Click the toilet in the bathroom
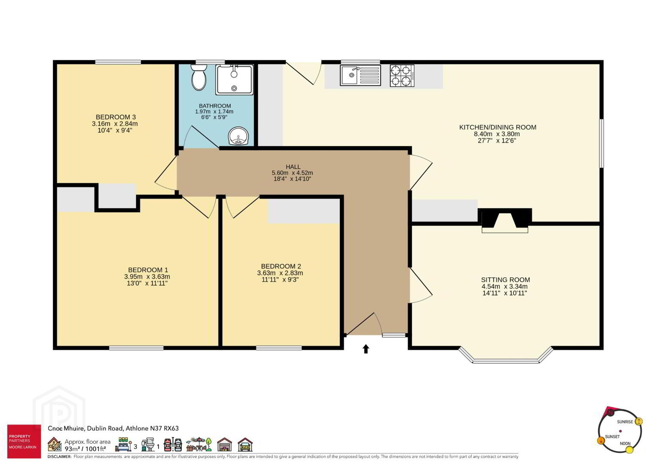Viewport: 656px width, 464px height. click(199, 77)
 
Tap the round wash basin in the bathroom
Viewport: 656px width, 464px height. click(238, 137)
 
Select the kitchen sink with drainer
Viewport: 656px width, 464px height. click(360, 76)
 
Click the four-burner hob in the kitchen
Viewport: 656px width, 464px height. click(402, 76)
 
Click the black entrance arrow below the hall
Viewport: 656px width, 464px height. click(366, 349)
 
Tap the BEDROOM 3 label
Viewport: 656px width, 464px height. click(116, 117)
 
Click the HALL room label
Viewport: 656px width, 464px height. click(293, 167)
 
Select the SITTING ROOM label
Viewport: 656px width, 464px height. click(505, 280)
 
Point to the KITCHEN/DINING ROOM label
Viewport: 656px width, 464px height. click(497, 127)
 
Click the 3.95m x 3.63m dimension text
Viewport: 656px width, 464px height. click(147, 277)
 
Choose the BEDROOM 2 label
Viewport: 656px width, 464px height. click(281, 266)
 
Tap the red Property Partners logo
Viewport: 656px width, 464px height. click(24, 442)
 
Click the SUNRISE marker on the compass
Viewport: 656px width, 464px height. click(639, 421)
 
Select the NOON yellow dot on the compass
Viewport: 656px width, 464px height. click(629, 450)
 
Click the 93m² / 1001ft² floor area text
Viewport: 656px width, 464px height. click(85, 449)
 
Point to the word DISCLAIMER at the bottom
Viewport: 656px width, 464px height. click(59, 456)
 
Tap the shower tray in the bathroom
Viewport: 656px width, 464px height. click(234, 79)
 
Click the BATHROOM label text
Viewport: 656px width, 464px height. click(215, 106)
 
